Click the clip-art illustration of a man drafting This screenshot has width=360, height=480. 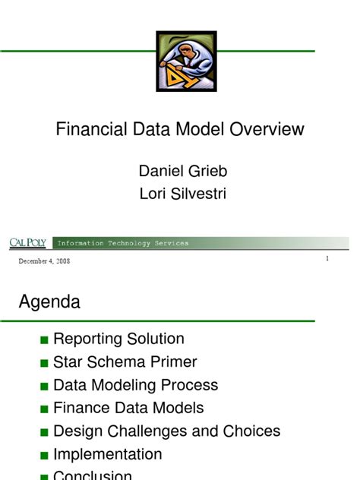click(186, 61)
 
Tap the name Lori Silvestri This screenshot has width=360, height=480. click(182, 194)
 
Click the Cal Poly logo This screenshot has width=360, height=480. click(27, 243)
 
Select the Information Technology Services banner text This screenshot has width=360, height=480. click(123, 243)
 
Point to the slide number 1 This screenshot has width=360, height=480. click(327, 259)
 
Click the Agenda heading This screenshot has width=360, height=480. click(49, 302)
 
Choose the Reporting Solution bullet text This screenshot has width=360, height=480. click(118, 339)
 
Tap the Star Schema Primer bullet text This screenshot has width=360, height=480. click(125, 362)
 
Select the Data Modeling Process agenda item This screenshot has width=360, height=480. click(135, 385)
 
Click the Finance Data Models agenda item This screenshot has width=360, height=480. click(128, 409)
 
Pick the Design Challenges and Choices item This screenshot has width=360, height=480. click(166, 431)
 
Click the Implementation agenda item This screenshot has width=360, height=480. click(107, 454)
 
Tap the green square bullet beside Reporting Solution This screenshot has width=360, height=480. click(44, 340)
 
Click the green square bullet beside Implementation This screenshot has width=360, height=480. click(44, 456)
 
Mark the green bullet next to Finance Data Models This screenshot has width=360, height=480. click(44, 409)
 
